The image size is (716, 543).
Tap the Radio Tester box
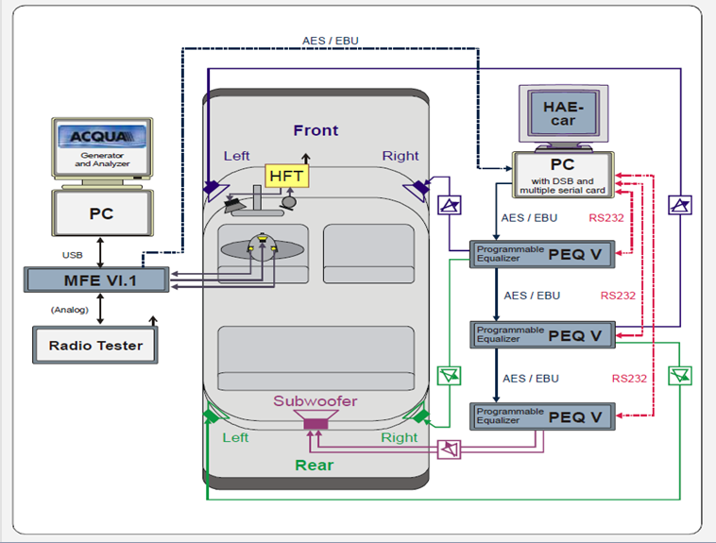point(95,346)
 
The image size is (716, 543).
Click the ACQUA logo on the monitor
point(102,138)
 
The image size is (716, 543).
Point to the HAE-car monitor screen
point(564,114)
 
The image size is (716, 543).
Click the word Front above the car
point(315,130)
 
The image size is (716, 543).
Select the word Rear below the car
point(315,465)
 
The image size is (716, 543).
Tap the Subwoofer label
point(315,401)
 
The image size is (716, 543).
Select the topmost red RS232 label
point(605,218)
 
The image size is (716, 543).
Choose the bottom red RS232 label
point(629,379)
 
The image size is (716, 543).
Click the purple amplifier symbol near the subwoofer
point(450,448)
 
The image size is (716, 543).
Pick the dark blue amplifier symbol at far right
point(679,203)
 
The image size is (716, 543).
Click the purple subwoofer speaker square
point(315,424)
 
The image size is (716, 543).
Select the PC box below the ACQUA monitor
point(101,214)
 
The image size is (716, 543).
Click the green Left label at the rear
point(235,438)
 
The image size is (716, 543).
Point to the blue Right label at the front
point(400,156)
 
